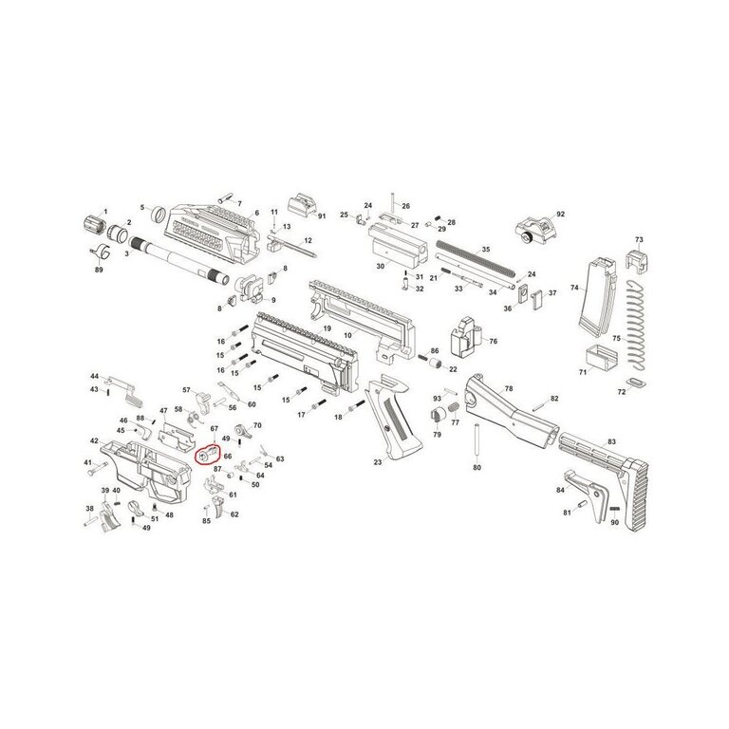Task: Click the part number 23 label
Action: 377,462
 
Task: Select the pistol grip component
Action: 394,418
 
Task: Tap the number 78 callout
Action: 509,388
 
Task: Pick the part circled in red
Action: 207,454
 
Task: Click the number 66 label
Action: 228,456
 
